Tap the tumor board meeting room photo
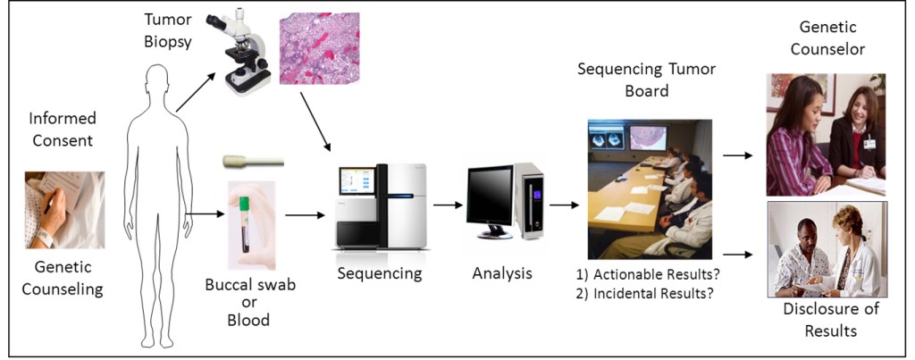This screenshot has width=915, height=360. pos(649,188)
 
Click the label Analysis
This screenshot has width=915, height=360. pos(501,273)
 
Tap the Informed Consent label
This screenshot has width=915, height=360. pos(63,129)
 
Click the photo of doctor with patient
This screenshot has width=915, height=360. pos(826,248)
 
